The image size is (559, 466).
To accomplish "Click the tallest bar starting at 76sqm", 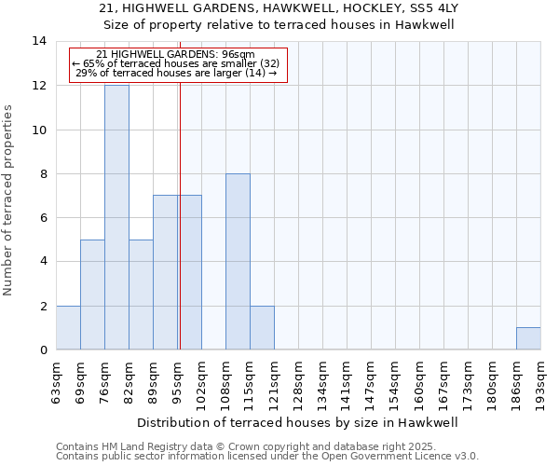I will (x=116, y=217).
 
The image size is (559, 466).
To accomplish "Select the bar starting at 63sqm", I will (x=68, y=327).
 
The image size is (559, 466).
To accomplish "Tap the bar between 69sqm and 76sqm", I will (x=92, y=295).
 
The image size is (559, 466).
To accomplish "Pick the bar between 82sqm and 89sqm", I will (x=141, y=295).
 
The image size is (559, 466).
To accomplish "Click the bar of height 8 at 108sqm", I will (x=238, y=261).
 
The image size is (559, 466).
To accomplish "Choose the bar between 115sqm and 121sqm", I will (x=262, y=327).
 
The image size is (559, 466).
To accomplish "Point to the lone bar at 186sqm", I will (x=528, y=338).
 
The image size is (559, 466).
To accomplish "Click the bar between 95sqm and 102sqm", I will (x=189, y=272).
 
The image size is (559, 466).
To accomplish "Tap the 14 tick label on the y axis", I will (x=39, y=41).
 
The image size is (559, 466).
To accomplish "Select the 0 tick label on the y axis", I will (x=43, y=350).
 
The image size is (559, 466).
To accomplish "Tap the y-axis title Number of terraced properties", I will (x=9, y=200).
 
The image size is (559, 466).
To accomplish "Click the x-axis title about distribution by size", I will (x=298, y=422).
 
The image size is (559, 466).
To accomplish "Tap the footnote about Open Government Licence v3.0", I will (x=267, y=457).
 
